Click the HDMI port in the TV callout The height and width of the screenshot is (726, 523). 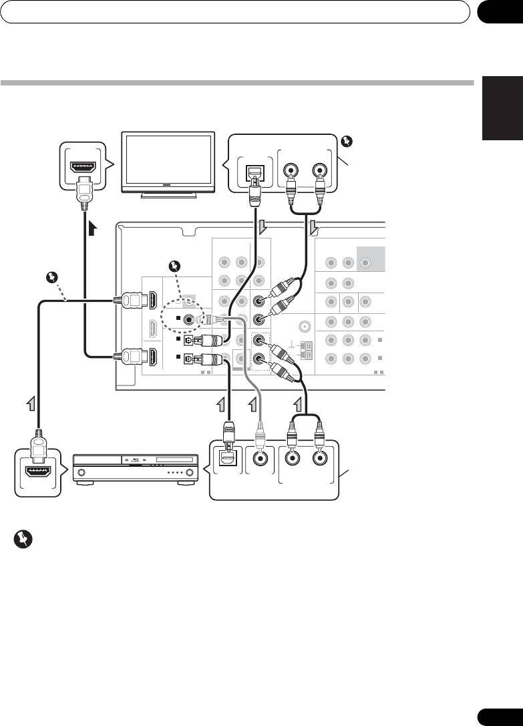tap(83, 163)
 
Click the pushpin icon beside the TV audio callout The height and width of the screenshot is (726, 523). tap(345, 141)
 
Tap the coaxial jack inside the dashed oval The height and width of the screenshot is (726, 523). tap(190, 319)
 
